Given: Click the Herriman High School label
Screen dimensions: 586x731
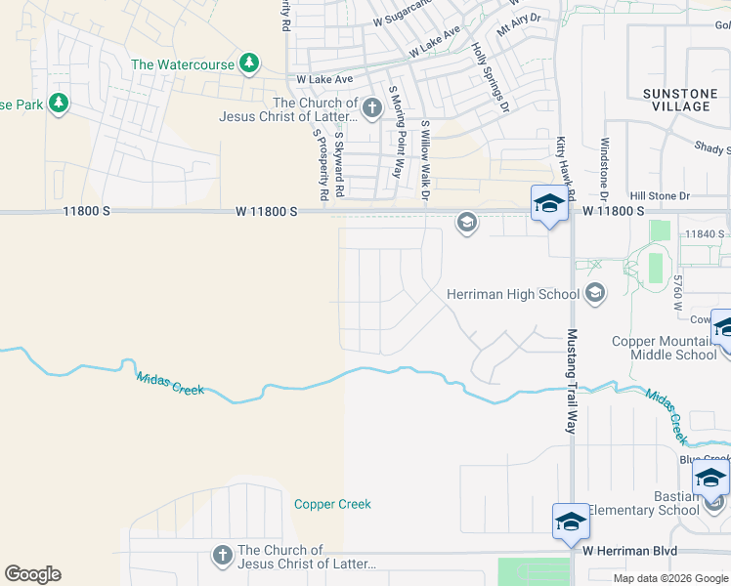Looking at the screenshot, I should coord(512,294).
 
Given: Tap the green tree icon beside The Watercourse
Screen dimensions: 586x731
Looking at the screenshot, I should coord(249,63).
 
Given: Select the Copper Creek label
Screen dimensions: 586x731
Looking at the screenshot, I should coord(332,504).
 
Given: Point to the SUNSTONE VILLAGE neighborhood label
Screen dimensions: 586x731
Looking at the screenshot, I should coord(676,100).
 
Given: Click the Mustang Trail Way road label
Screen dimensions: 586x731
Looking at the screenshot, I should coord(572,381).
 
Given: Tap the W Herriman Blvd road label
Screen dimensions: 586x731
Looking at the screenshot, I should coord(629,551).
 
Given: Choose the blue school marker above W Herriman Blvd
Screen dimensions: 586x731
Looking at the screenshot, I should coord(571,523).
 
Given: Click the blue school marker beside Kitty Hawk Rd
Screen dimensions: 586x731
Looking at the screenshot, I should coord(549,204).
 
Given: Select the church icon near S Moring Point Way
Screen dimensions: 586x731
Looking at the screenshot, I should coord(371,108).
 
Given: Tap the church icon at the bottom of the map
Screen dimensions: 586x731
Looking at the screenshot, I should coord(222,556).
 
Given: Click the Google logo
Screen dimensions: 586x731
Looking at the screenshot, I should coord(32,574).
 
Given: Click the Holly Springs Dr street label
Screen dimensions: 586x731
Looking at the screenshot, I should coord(491,76).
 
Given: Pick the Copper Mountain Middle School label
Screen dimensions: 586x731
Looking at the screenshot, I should coord(664,348).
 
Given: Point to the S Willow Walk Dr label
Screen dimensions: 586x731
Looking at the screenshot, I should coord(425,162).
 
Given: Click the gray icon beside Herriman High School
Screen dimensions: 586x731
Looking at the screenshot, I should coord(594,293).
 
